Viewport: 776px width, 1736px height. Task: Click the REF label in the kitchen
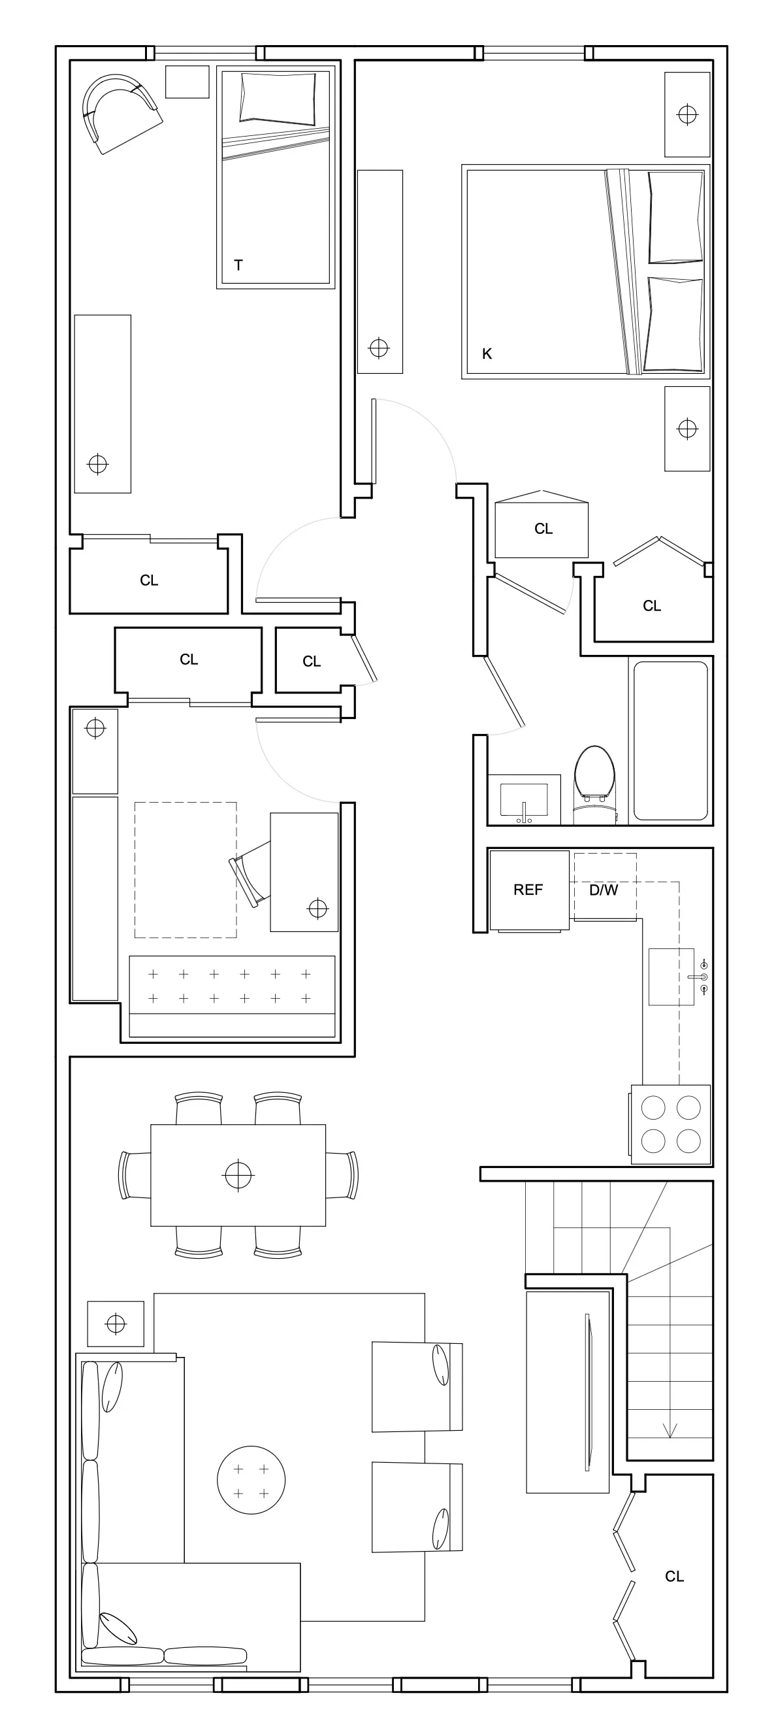pyautogui.click(x=527, y=890)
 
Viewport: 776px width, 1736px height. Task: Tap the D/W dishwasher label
pyautogui.click(x=604, y=890)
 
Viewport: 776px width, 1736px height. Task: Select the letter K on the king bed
pyautogui.click(x=487, y=354)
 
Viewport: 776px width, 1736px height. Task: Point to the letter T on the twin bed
pyautogui.click(x=238, y=265)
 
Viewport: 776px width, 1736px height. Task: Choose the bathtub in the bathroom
pyautogui.click(x=670, y=740)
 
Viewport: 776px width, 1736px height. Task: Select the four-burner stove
pyautogui.click(x=670, y=1124)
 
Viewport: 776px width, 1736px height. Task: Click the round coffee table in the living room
pyautogui.click(x=251, y=1480)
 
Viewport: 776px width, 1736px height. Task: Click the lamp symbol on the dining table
pyautogui.click(x=238, y=1175)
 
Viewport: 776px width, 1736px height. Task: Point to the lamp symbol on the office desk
pyautogui.click(x=317, y=909)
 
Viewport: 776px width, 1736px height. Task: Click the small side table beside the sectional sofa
pyautogui.click(x=116, y=1324)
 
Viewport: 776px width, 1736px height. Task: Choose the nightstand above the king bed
pyautogui.click(x=687, y=114)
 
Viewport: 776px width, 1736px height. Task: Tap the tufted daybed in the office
pyautogui.click(x=232, y=995)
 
